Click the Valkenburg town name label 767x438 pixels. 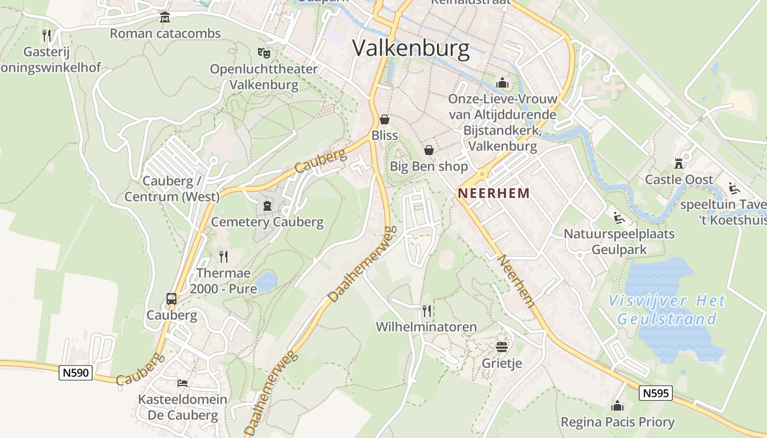pyautogui.click(x=411, y=48)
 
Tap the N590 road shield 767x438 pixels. pyautogui.click(x=76, y=373)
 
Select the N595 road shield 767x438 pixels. pyautogui.click(x=655, y=393)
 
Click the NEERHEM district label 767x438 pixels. pyautogui.click(x=494, y=193)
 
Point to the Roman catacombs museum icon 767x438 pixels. pyautogui.click(x=164, y=18)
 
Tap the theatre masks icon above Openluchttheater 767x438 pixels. pyautogui.click(x=264, y=53)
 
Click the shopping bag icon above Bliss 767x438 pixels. pyautogui.click(x=385, y=119)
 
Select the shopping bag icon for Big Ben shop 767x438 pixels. pyautogui.click(x=429, y=150)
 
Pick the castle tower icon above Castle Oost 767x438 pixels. pyautogui.click(x=679, y=163)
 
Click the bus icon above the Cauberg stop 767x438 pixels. pyautogui.click(x=171, y=299)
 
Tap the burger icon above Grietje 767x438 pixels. pyautogui.click(x=502, y=347)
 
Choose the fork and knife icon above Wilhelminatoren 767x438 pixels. pyautogui.click(x=426, y=311)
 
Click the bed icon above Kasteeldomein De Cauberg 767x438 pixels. pyautogui.click(x=182, y=383)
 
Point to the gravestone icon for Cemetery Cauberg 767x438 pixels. pyautogui.click(x=267, y=206)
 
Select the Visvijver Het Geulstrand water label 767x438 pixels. pyautogui.click(x=667, y=309)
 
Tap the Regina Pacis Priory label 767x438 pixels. pyautogui.click(x=617, y=422)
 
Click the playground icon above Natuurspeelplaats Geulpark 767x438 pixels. pyautogui.click(x=619, y=218)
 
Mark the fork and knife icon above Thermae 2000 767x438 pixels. pyautogui.click(x=224, y=256)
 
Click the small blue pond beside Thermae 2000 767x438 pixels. pyautogui.click(x=266, y=281)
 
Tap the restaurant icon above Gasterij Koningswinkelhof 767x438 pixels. pyautogui.click(x=47, y=36)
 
